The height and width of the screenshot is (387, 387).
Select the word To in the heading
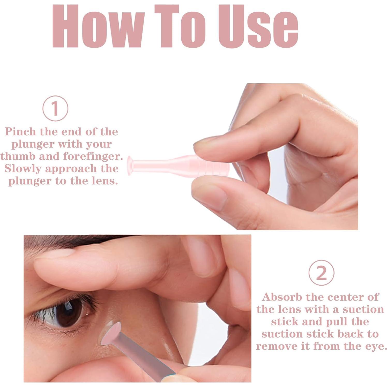180,26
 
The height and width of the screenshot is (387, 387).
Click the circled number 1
55,108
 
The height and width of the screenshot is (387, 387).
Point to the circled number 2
321,273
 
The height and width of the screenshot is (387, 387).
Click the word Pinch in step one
20,132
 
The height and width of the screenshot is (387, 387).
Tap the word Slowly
23,169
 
